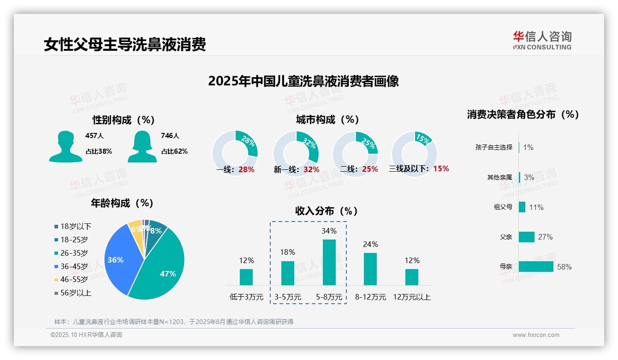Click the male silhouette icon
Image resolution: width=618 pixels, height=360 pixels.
click(x=65, y=147)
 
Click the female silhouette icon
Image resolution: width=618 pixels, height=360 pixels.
click(x=142, y=147)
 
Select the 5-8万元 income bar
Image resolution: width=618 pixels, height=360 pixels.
click(x=329, y=262)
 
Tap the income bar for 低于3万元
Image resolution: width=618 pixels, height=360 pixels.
click(x=246, y=277)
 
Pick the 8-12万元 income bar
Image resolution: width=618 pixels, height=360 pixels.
click(x=370, y=269)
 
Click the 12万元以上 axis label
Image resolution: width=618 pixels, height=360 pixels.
click(x=411, y=297)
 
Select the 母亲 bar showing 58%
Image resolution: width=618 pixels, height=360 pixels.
click(x=536, y=267)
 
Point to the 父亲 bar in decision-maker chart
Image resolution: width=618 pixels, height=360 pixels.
click(x=526, y=237)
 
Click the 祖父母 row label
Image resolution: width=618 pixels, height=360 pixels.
click(x=503, y=207)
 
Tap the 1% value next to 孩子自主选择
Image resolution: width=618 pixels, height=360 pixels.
click(x=528, y=147)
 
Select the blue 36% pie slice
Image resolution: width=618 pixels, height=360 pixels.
click(x=118, y=258)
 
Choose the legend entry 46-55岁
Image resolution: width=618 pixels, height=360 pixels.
click(x=74, y=280)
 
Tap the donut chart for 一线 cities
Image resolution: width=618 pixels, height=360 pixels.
click(x=235, y=153)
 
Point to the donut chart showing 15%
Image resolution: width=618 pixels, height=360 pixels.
click(x=414, y=153)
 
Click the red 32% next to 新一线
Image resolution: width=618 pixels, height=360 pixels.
click(x=311, y=170)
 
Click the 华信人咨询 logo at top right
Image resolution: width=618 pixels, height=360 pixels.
click(x=542, y=41)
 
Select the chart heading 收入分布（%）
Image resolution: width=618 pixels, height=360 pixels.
click(x=327, y=211)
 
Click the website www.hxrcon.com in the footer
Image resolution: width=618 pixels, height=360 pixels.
click(x=535, y=335)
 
